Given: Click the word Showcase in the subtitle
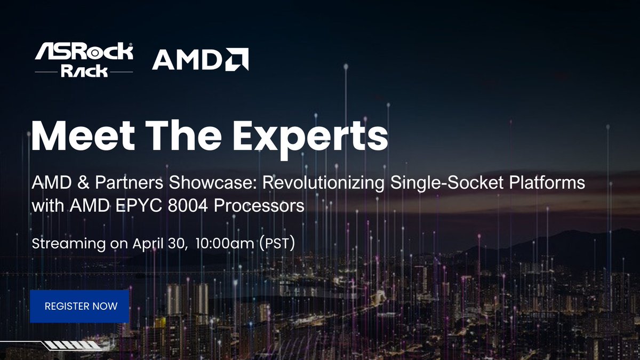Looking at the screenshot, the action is coord(211,183).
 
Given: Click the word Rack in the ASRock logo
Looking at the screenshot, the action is coord(84,70).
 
